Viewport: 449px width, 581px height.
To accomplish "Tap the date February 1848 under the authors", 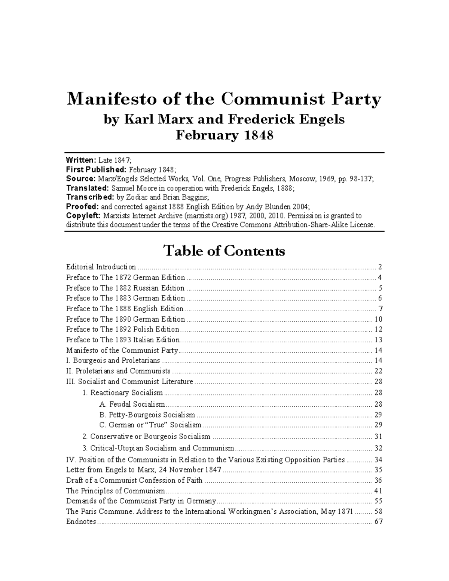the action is pos(224,135).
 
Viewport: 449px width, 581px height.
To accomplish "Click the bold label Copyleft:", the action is pos(83,215).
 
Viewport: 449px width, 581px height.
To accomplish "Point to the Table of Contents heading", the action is pos(224,251).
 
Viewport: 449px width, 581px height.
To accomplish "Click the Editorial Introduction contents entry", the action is pos(101,267).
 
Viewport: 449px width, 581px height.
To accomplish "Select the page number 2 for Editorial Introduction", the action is pos(380,267).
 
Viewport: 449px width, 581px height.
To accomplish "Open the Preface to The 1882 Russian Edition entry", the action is pos(125,288).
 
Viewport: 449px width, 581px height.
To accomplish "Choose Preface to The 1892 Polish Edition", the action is pos(123,330).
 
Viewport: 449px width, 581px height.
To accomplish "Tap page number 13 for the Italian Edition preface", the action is pos(378,340).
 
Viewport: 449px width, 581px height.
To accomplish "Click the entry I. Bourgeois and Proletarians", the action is pos(113,361).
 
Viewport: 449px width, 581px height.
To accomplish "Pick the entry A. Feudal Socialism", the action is pos(132,404).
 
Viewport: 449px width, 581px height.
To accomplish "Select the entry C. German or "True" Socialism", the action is pos(150,425).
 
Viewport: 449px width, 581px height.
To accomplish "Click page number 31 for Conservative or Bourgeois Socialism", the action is pos(378,437).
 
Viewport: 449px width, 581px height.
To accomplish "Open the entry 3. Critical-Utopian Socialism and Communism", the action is pos(158,448).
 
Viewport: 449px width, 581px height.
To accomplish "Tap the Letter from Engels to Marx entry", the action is pos(144,470).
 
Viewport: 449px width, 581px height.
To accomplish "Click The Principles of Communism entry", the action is pos(115,491).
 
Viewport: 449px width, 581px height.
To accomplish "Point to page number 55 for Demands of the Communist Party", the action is pos(378,501).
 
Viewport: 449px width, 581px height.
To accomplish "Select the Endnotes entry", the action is pos(81,522).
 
